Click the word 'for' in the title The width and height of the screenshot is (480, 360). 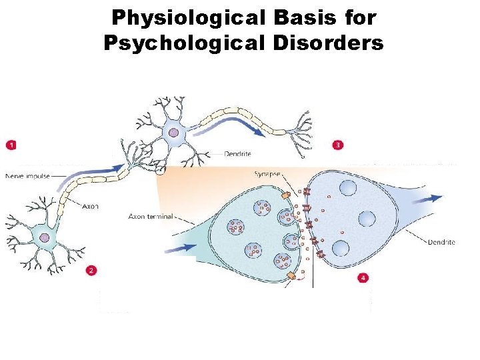pyautogui.click(x=361, y=18)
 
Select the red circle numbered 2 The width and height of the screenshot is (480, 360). pyautogui.click(x=91, y=270)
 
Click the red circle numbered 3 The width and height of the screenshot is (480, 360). pyautogui.click(x=339, y=144)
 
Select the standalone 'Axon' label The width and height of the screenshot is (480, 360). pyautogui.click(x=91, y=206)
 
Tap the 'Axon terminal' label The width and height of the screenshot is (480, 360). pyautogui.click(x=150, y=216)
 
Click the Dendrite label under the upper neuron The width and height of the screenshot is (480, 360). pyautogui.click(x=237, y=154)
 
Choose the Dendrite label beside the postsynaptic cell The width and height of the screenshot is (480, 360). pyautogui.click(x=441, y=242)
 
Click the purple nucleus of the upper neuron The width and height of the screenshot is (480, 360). pyautogui.click(x=174, y=133)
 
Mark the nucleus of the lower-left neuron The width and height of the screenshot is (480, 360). pyautogui.click(x=45, y=236)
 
